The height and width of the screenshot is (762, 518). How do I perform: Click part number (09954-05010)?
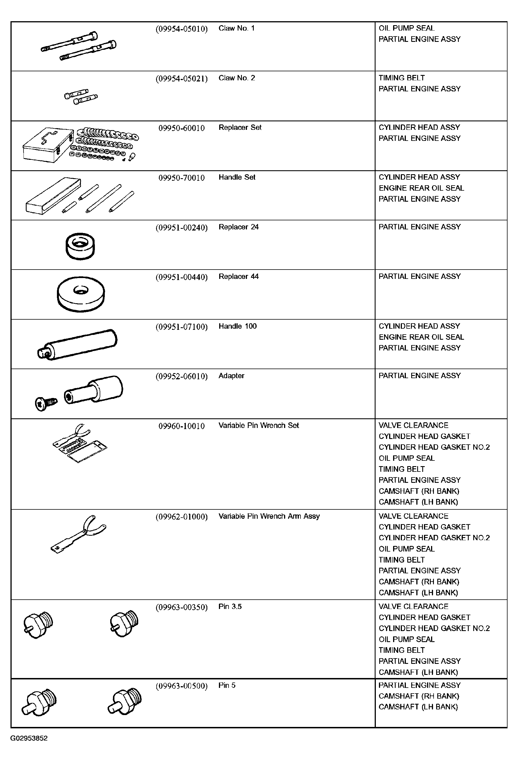[182, 29]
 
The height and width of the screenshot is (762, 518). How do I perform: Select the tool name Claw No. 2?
[237, 78]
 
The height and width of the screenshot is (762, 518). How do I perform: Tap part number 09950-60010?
[182, 128]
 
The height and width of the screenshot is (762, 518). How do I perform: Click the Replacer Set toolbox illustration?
[48, 145]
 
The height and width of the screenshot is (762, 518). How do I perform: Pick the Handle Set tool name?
[237, 177]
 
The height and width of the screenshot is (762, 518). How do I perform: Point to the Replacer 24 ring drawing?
[80, 246]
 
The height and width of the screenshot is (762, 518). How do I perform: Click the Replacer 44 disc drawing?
[81, 294]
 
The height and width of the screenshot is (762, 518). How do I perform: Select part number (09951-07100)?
[182, 327]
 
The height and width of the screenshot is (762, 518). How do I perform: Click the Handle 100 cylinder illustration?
[78, 345]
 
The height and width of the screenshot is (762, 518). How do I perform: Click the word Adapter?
[231, 376]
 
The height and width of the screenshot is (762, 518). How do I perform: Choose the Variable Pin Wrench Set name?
[259, 426]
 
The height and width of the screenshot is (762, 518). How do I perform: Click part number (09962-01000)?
[182, 517]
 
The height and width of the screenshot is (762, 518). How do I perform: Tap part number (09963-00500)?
[182, 686]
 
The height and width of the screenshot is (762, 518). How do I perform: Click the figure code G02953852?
[29, 739]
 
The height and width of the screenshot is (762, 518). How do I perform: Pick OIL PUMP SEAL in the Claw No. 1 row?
[406, 28]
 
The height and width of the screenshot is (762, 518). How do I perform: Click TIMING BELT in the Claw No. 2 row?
[402, 78]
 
